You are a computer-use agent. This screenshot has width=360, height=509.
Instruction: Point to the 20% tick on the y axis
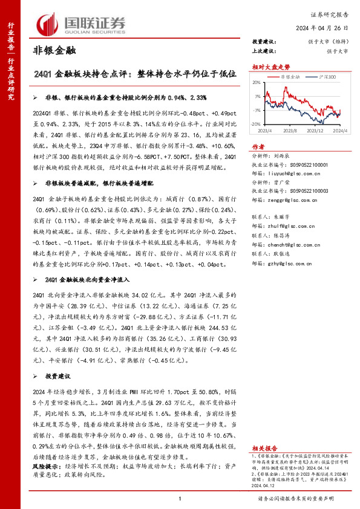[x=257, y=83]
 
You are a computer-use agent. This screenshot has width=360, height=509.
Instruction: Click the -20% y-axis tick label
[x=257, y=123]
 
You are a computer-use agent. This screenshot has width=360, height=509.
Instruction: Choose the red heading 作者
[x=258, y=146]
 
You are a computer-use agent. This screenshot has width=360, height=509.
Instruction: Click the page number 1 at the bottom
[x=180, y=498]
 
